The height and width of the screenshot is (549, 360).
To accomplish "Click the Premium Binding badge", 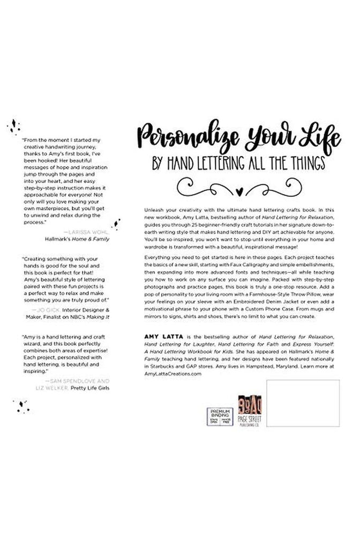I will pos(219,416).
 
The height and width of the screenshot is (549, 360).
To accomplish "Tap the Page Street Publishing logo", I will pos(250,411).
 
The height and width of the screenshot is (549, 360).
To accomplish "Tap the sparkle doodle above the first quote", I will pos(13,127).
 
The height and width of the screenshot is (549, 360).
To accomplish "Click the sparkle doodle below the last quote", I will pos(22,406).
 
